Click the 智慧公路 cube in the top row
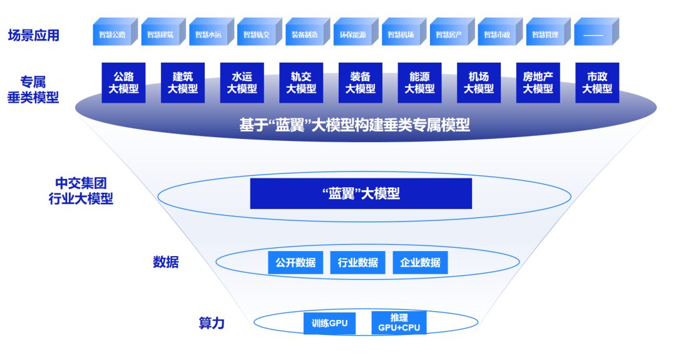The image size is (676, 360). (113, 34)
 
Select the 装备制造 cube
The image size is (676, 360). (305, 34)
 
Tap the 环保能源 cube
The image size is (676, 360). (353, 34)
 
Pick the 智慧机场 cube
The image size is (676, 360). (401, 34)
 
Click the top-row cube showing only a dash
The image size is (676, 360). (593, 34)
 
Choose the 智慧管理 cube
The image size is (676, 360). (546, 34)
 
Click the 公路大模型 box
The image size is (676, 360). (123, 83)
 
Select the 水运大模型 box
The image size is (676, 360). (242, 83)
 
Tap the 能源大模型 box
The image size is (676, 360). (419, 83)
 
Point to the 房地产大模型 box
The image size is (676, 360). (538, 83)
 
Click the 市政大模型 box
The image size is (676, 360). (597, 83)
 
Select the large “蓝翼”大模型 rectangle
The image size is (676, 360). (361, 193)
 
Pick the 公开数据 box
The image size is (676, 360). (295, 262)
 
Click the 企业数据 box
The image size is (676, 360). (420, 262)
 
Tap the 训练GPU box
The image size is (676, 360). (329, 323)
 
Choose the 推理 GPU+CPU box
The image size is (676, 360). (399, 323)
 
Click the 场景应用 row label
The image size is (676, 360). (34, 35)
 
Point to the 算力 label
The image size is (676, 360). (212, 323)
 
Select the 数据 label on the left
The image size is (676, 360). (166, 262)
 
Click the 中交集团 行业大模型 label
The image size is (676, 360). (81, 191)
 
